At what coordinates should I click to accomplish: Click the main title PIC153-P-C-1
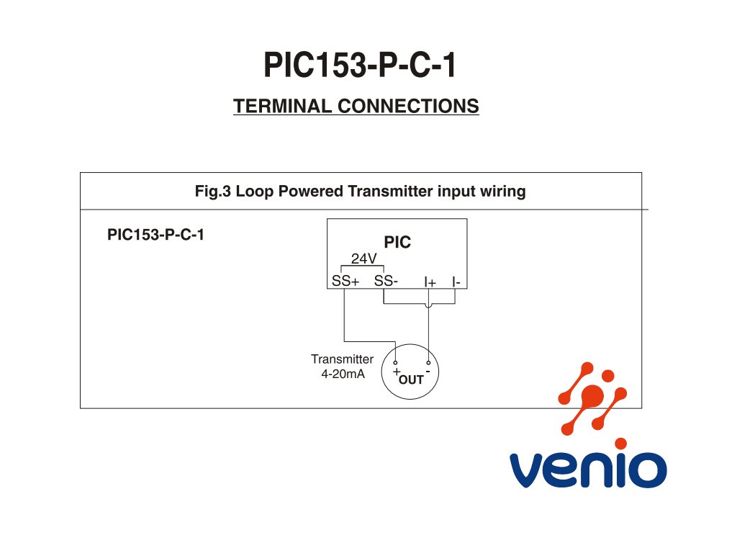360,66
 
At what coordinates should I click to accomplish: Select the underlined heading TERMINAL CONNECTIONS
356,107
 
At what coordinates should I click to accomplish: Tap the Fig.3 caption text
360,192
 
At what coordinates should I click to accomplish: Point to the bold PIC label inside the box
397,243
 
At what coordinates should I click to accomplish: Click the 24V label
363,258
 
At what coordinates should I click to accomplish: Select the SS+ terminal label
345,281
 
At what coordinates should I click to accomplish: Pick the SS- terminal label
386,281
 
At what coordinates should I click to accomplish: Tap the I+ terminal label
430,282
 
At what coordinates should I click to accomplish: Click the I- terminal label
456,282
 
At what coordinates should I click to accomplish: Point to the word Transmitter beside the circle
342,359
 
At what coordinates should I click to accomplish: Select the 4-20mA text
343,374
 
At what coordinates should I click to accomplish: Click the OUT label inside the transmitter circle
411,379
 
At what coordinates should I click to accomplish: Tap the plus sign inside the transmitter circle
396,372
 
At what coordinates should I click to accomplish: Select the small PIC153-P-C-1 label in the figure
155,235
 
